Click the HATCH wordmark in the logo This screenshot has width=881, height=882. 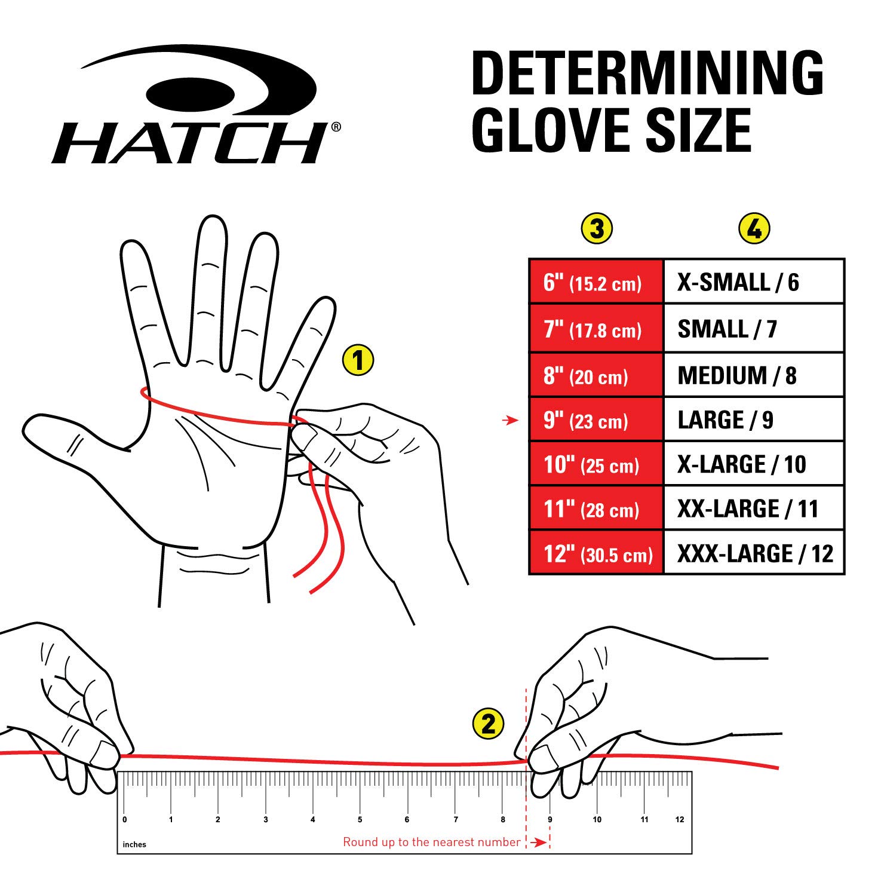[x=190, y=143]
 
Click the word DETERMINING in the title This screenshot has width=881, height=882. [x=647, y=74]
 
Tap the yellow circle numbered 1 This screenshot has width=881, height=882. [x=358, y=360]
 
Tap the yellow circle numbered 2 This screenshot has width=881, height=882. [x=488, y=724]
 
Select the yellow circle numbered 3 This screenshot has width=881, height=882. [x=597, y=229]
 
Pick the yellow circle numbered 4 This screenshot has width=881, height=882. [x=754, y=229]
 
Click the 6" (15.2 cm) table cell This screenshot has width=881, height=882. [x=596, y=282]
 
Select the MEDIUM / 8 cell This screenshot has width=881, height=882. [x=753, y=376]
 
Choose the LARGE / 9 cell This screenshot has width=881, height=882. [x=753, y=420]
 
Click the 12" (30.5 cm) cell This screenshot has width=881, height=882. [x=596, y=554]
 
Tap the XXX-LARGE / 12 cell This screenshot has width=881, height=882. [x=753, y=554]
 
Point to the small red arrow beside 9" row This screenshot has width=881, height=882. [x=510, y=421]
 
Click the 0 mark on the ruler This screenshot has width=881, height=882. [x=124, y=819]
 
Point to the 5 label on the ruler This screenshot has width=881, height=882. [x=360, y=819]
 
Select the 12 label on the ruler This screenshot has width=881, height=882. [x=680, y=819]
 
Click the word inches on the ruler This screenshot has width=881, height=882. [x=134, y=844]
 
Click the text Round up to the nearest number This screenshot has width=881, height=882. [x=431, y=842]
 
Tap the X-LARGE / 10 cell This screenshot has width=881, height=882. [x=753, y=464]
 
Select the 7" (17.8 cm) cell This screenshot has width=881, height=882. [x=596, y=329]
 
